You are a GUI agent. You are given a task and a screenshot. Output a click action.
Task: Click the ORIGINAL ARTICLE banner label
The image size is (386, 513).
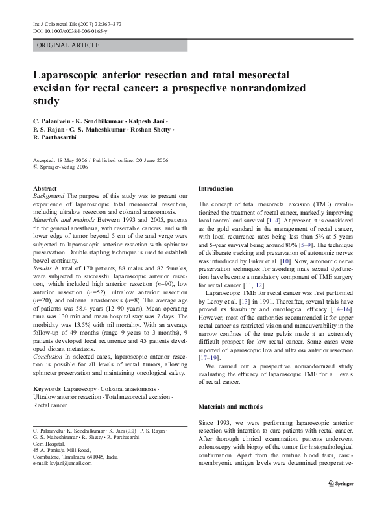68,45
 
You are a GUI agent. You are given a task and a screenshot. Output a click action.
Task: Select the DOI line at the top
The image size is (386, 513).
70,31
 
